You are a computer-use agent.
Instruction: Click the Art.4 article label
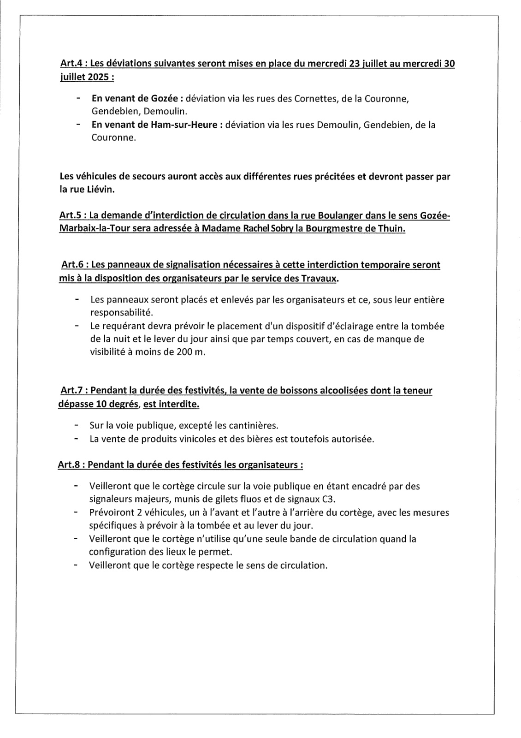(x=70, y=64)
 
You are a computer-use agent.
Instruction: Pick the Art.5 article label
(x=70, y=215)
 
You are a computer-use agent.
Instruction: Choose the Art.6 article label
(x=72, y=265)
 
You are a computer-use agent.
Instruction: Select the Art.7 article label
(x=72, y=391)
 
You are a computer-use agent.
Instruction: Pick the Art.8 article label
(x=69, y=464)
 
